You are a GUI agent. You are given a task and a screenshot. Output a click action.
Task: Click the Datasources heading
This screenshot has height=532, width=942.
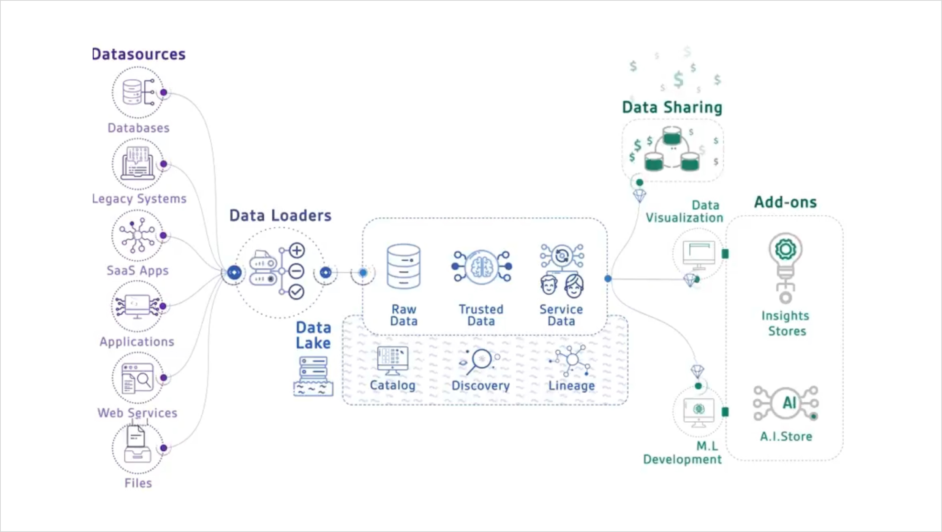(x=139, y=54)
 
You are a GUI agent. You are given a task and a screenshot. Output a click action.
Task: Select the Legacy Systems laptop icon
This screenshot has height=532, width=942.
(x=138, y=164)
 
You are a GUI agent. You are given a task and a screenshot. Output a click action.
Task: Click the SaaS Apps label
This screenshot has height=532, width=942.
(x=138, y=271)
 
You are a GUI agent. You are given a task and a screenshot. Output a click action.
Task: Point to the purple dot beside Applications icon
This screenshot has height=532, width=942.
(x=163, y=306)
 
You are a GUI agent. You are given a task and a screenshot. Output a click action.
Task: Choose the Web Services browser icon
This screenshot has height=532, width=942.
(x=138, y=378)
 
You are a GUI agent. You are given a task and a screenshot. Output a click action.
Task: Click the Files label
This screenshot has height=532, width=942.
(x=138, y=483)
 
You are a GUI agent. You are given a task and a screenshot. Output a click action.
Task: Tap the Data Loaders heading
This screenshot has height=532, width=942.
(x=280, y=215)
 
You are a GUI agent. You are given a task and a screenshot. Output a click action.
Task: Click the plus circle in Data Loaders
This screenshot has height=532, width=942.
(x=297, y=250)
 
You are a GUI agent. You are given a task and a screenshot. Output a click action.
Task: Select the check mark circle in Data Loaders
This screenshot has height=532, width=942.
(x=296, y=292)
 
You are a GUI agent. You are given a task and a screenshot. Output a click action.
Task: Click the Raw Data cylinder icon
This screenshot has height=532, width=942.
(x=403, y=267)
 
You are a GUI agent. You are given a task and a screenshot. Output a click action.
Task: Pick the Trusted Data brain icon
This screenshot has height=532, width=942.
(x=482, y=267)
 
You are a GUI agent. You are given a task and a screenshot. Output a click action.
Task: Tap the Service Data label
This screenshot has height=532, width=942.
(x=561, y=315)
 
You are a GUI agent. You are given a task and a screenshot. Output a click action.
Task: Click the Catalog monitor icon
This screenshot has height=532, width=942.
(x=392, y=360)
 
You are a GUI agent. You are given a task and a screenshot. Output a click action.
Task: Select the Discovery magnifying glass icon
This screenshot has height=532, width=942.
(x=480, y=361)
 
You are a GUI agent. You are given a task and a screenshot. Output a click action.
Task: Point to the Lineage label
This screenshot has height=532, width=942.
(x=571, y=385)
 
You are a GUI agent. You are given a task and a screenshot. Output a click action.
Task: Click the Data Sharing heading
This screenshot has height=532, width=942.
(x=672, y=107)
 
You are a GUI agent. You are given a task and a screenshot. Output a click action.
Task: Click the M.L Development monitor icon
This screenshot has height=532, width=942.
(x=698, y=412)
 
